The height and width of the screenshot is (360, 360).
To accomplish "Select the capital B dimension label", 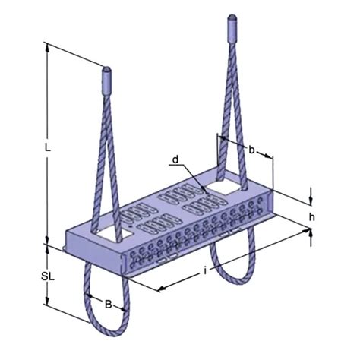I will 108,305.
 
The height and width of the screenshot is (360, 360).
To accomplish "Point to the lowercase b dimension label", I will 251,150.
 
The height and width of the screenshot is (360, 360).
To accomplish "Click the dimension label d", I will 175,160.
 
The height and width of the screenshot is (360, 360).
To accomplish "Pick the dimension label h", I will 312,216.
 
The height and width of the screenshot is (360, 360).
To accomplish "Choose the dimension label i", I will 205,270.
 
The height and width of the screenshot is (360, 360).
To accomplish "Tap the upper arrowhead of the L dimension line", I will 48,46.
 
